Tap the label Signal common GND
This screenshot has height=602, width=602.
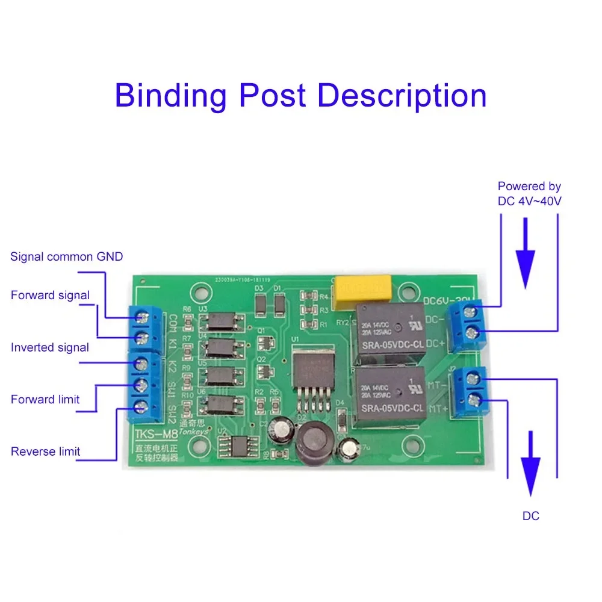point(66,257)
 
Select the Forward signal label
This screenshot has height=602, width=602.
point(50,295)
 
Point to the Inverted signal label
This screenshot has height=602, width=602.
point(50,347)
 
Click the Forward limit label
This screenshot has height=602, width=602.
point(45,399)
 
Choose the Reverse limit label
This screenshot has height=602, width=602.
point(45,451)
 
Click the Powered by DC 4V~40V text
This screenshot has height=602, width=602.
point(529,194)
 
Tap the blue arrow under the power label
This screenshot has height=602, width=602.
point(526,253)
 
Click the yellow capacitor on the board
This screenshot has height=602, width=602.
point(364,288)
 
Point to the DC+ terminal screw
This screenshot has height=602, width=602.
point(475,334)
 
